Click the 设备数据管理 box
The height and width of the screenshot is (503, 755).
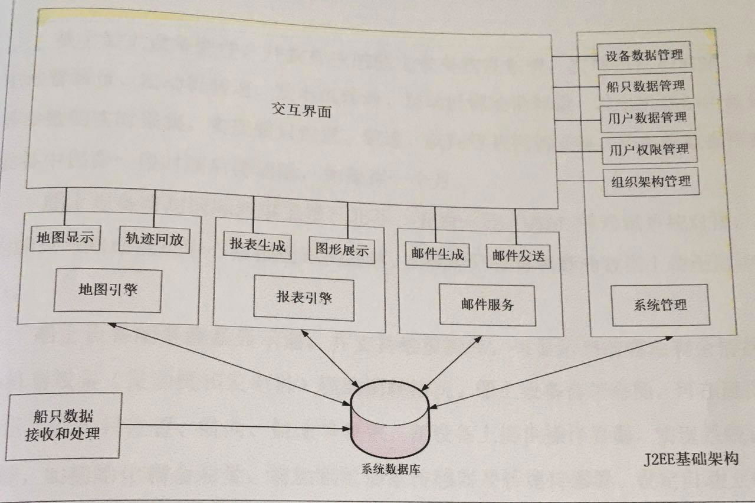(644, 55)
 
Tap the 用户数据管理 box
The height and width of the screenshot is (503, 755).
(646, 117)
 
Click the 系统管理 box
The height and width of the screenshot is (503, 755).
(658, 305)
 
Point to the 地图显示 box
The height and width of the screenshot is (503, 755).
(64, 239)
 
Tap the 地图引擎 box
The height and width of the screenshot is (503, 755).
(108, 291)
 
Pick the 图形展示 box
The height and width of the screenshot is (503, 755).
(342, 250)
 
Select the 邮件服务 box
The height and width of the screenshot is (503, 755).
(487, 305)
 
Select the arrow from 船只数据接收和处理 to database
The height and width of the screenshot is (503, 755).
(236, 426)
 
